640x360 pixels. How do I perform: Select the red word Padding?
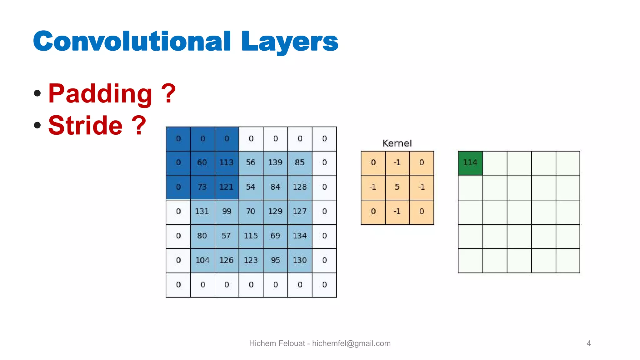tap(100, 93)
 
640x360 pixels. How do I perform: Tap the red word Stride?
tap(85, 125)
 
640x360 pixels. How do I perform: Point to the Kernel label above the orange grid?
tap(397, 143)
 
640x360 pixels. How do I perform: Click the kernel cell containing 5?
tap(397, 187)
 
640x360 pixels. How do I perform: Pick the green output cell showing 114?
tap(470, 163)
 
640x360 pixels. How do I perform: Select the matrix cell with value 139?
tap(275, 163)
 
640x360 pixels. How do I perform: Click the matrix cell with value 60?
tap(202, 163)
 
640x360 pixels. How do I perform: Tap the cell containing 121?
tap(227, 187)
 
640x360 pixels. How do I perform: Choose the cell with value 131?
tap(202, 212)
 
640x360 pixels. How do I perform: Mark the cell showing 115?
tap(251, 236)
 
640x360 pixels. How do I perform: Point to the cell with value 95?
tap(275, 260)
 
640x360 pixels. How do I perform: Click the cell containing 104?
tap(202, 260)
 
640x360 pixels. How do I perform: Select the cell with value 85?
tap(300, 163)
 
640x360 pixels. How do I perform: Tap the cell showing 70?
tap(251, 212)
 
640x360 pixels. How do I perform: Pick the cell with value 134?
tap(300, 236)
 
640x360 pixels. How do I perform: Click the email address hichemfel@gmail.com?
tap(351, 343)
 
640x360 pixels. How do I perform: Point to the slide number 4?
tap(589, 343)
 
